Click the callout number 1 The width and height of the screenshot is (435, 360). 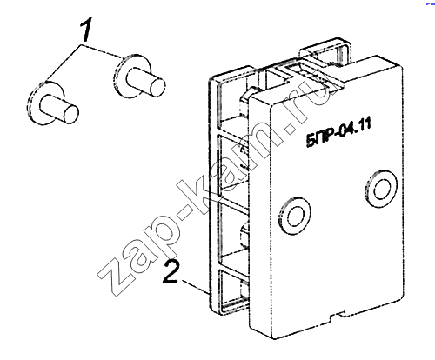pos(86,29)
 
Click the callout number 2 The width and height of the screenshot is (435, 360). pos(171,271)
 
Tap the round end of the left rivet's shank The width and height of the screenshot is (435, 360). pos(70,113)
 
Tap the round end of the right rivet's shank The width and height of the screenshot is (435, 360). pos(158,86)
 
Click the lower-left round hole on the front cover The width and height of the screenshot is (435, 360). pos(295,216)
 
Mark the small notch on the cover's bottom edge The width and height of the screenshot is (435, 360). pos(338,316)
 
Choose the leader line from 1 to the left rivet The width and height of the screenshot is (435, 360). pos(64,63)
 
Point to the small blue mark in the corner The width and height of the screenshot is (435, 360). pos(430,4)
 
